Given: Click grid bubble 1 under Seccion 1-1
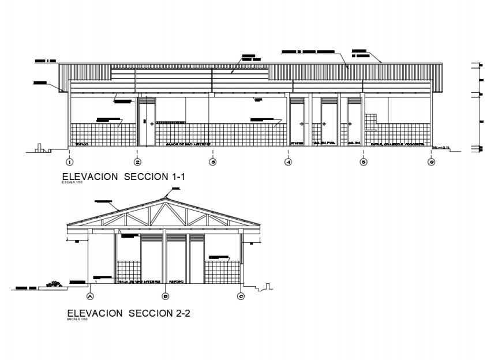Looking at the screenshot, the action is click(x=69, y=162).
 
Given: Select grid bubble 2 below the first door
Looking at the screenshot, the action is click(x=137, y=162).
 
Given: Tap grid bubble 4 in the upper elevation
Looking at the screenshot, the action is click(x=288, y=162).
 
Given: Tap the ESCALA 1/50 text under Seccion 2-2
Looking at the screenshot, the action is click(x=76, y=319).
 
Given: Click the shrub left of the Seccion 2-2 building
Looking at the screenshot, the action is click(x=55, y=283).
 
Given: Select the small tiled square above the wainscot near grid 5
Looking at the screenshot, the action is click(x=370, y=118).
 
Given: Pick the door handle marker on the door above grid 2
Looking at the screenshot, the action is click(x=152, y=123).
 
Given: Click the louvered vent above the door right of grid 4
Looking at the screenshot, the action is click(x=329, y=100).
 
